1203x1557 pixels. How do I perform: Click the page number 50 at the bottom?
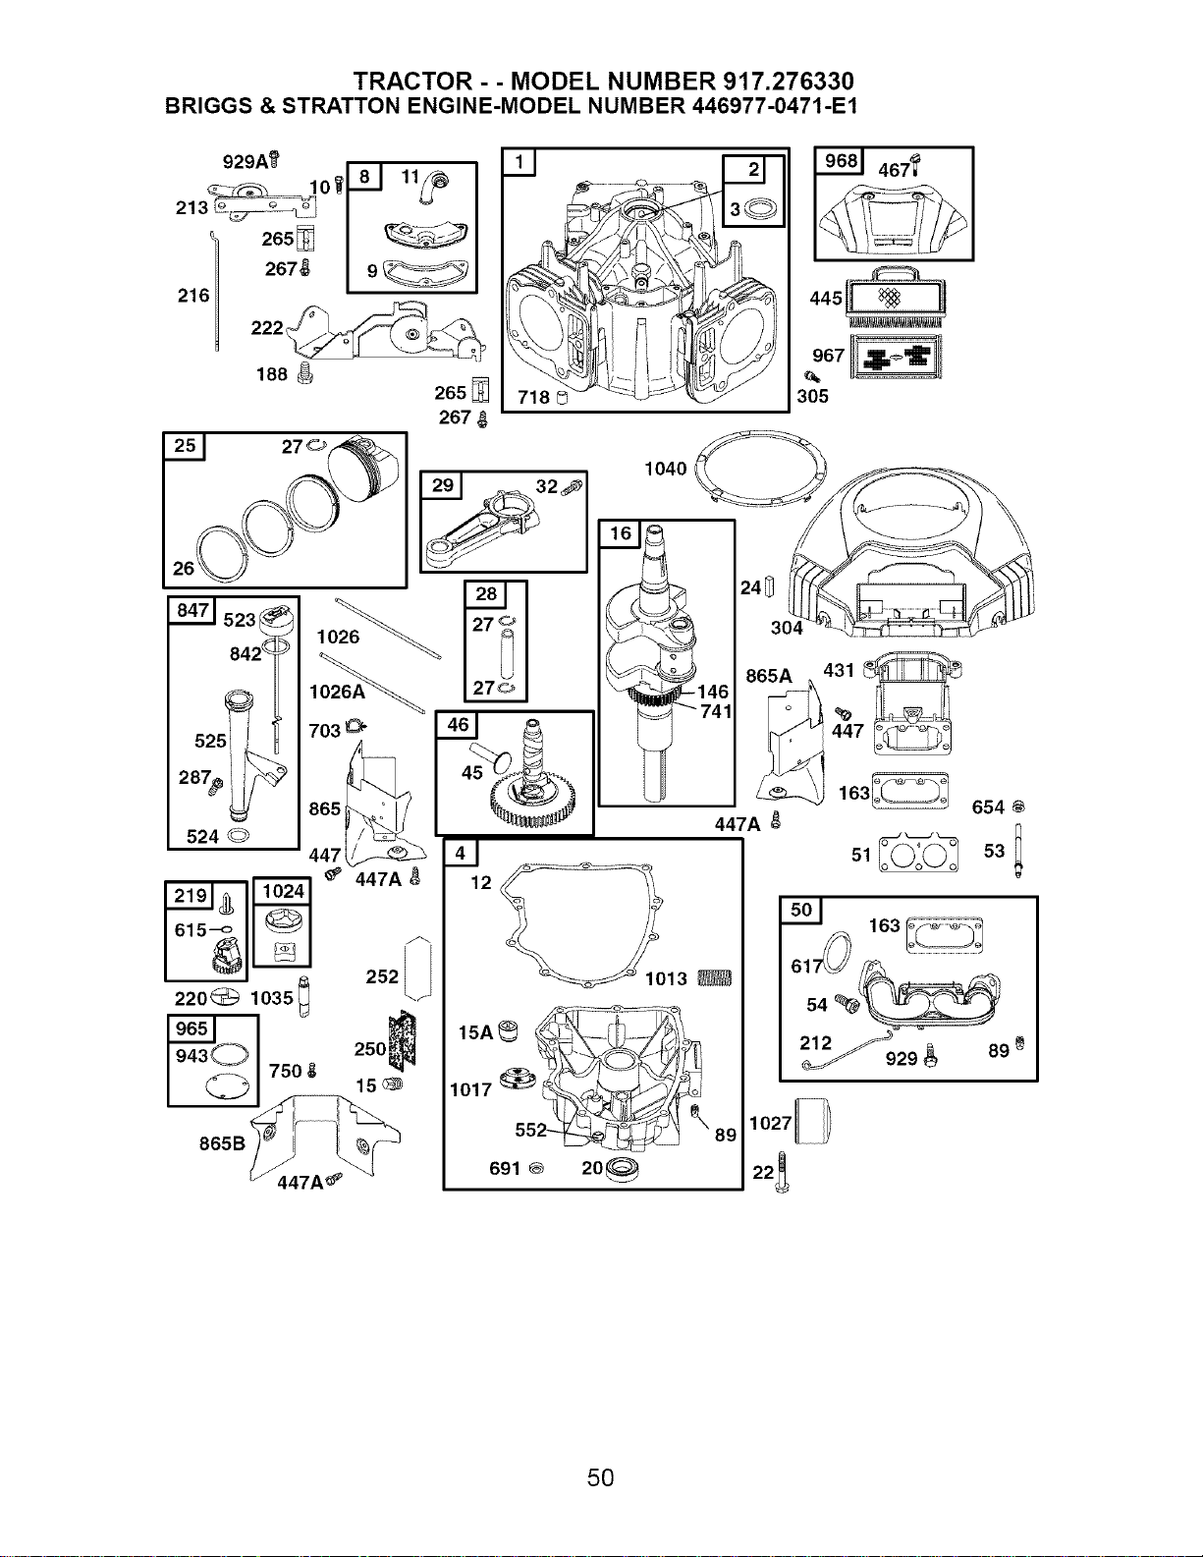[600, 1477]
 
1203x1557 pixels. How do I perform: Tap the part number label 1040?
[665, 469]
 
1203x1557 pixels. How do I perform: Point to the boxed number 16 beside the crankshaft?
[620, 533]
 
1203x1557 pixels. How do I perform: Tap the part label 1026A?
[337, 692]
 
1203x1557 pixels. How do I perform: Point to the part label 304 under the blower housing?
[787, 628]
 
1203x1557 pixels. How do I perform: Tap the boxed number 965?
[191, 1029]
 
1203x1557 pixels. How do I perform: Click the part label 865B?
[222, 1142]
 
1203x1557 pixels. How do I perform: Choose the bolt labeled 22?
[782, 1172]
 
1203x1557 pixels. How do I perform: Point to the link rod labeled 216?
[215, 291]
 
